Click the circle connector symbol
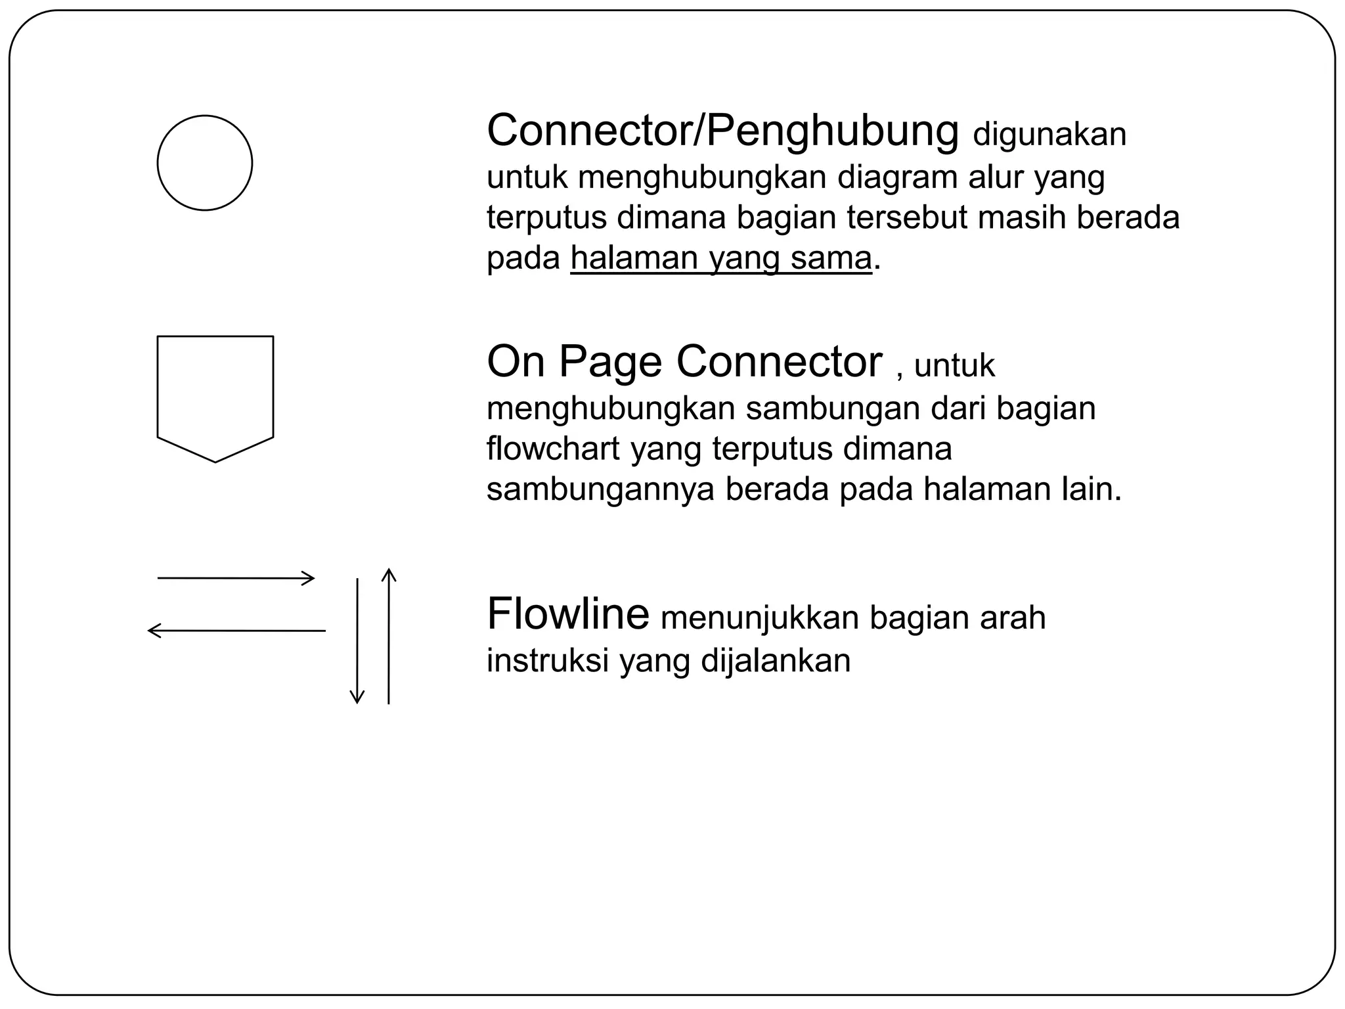pyautogui.click(x=205, y=163)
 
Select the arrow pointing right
pyautogui.click(x=236, y=578)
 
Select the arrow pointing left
pyautogui.click(x=236, y=631)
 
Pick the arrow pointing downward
pyautogui.click(x=357, y=640)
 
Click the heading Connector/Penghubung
pyautogui.click(x=722, y=131)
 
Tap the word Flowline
pyautogui.click(x=568, y=614)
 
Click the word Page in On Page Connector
pyautogui.click(x=610, y=362)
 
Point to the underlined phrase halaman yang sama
pyautogui.click(x=721, y=258)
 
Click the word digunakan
pyautogui.click(x=1049, y=134)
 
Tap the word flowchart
pyautogui.click(x=553, y=449)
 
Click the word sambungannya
pyautogui.click(x=600, y=489)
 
